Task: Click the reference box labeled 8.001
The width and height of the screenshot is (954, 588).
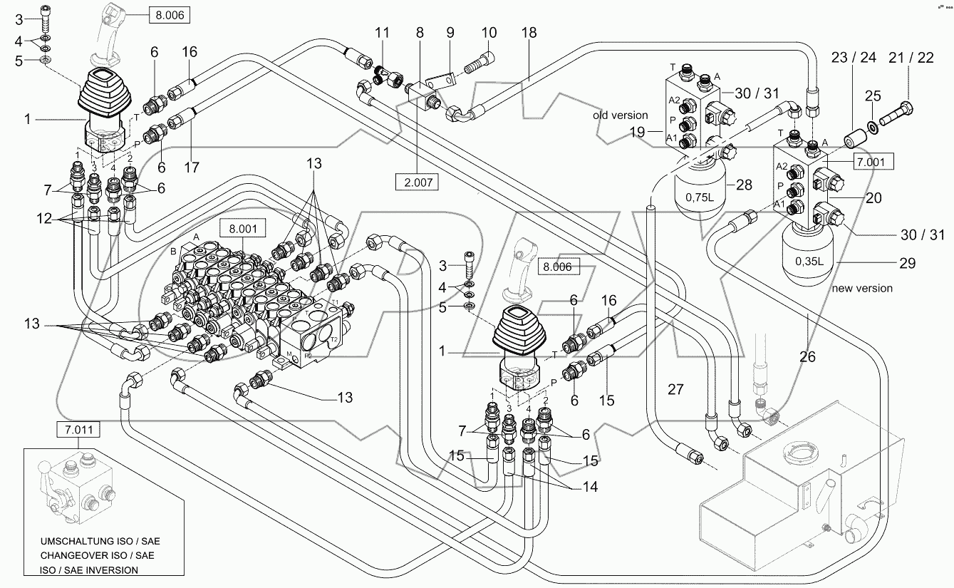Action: [x=242, y=229]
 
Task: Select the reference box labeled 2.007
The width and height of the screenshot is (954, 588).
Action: [x=418, y=182]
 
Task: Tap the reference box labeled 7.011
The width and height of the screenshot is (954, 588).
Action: [x=79, y=429]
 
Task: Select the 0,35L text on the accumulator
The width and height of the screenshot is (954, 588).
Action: [x=808, y=261]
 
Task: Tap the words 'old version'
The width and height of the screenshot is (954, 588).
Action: [x=620, y=115]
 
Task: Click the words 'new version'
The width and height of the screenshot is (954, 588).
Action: [x=862, y=289]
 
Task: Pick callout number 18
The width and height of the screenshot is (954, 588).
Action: [x=529, y=33]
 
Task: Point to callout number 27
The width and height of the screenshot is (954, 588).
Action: [x=675, y=389]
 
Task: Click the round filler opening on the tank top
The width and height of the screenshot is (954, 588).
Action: [x=802, y=454]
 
